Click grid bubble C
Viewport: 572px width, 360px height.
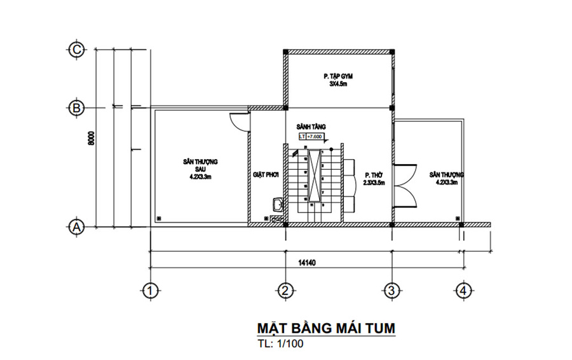click(x=76, y=49)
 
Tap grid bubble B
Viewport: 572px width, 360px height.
click(x=76, y=109)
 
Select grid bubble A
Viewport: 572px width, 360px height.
click(x=76, y=226)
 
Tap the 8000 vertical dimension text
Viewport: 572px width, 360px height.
click(x=92, y=139)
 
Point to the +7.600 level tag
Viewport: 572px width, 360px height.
click(x=315, y=136)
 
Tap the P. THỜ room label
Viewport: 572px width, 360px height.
click(x=372, y=177)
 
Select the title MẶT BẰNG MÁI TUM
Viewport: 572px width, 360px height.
click(x=325, y=328)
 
